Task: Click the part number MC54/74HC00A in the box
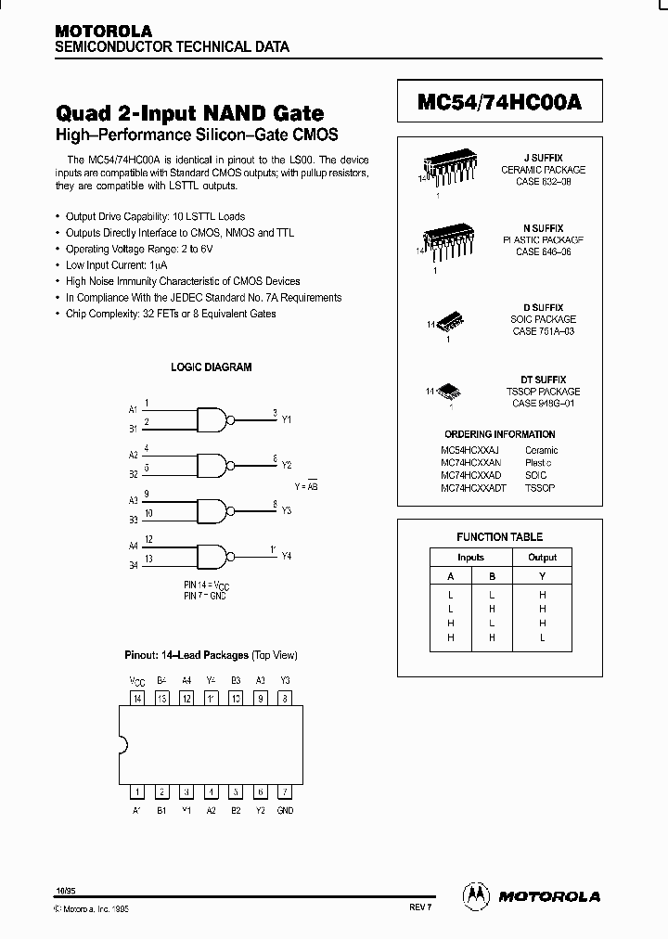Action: tap(499, 103)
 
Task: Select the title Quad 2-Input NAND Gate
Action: tap(190, 113)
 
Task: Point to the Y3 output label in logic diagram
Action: tap(286, 510)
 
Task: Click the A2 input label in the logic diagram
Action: tap(133, 455)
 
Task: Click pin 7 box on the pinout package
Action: tap(285, 791)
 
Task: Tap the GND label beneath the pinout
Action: tap(285, 810)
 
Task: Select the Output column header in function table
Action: tap(542, 557)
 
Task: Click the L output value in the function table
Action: tap(542, 638)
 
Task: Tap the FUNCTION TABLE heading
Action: tap(499, 536)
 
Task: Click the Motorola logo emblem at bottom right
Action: tap(475, 895)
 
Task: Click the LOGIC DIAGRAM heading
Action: tap(211, 367)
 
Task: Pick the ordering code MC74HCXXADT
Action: tap(472, 487)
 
